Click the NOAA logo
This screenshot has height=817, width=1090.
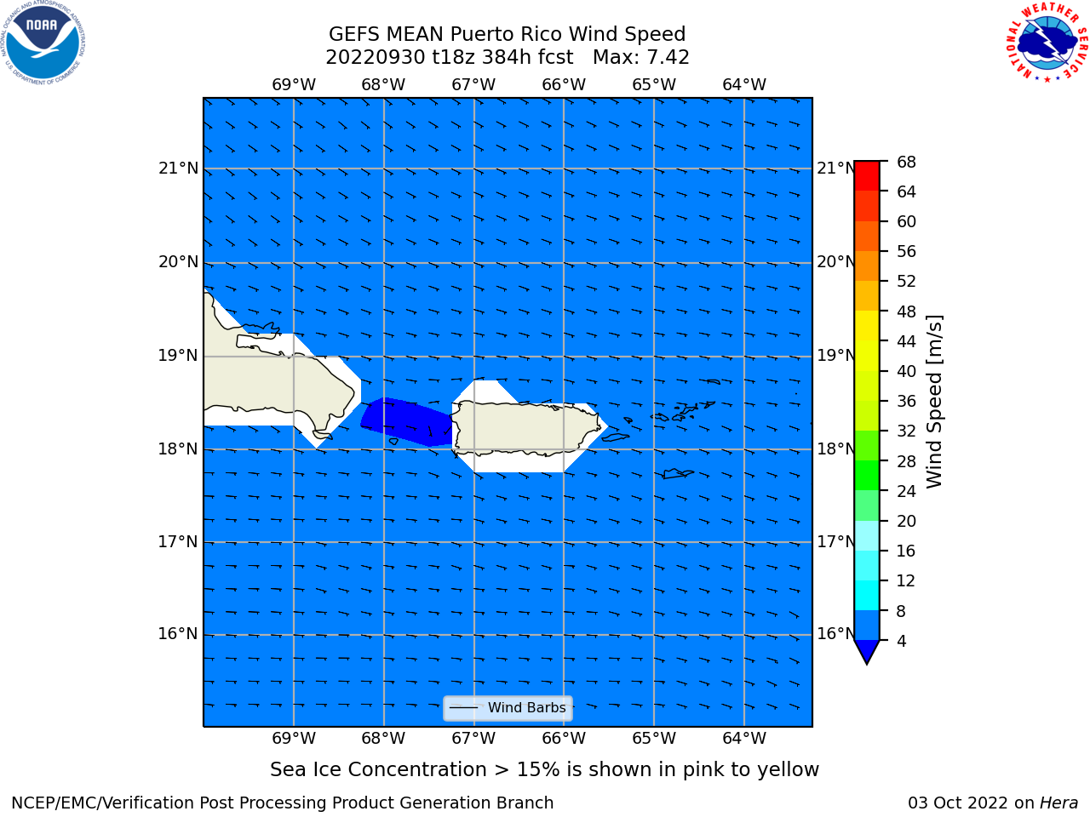pyautogui.click(x=43, y=43)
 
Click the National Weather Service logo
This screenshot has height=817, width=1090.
pyautogui.click(x=1047, y=43)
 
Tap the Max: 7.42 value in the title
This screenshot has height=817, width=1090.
pyautogui.click(x=640, y=58)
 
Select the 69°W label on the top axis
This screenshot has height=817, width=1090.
pyautogui.click(x=294, y=85)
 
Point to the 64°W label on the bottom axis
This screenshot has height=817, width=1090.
pyautogui.click(x=744, y=739)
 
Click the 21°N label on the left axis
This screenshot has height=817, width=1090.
pyautogui.click(x=178, y=169)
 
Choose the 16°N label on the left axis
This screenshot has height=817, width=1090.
pyautogui.click(x=178, y=634)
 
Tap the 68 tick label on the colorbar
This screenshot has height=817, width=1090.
pyautogui.click(x=906, y=163)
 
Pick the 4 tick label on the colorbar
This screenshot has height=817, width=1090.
pyautogui.click(x=901, y=642)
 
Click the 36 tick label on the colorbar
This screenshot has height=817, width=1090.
pyautogui.click(x=906, y=402)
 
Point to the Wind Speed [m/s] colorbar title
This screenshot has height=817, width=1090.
pyautogui.click(x=934, y=402)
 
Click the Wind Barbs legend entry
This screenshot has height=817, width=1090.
pyautogui.click(x=508, y=708)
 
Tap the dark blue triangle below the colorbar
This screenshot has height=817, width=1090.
pyautogui.click(x=867, y=650)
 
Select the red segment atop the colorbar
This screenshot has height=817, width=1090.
pyautogui.click(x=867, y=175)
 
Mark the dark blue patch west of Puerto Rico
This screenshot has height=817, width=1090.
pyautogui.click(x=407, y=421)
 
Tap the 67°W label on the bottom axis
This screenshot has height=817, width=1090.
pyautogui.click(x=473, y=739)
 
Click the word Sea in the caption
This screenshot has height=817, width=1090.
pyautogui.click(x=287, y=770)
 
